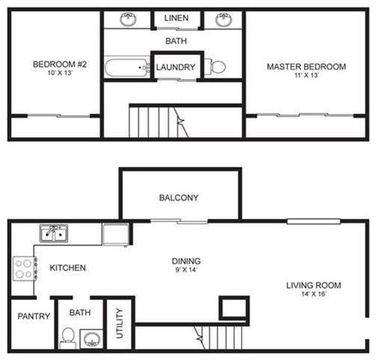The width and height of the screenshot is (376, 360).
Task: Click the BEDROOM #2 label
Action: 52,64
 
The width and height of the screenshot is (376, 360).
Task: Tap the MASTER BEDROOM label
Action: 305,67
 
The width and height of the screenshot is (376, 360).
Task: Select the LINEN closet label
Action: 176,18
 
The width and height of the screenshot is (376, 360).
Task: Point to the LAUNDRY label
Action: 175,67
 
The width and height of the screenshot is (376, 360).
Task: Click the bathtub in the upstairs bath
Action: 127,67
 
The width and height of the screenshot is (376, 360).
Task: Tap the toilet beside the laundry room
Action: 218,67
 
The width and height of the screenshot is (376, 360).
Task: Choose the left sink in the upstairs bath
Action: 128,19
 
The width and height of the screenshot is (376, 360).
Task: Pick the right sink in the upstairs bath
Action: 224,19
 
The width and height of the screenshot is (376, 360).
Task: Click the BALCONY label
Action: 178,198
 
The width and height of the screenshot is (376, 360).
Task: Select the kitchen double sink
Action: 54,232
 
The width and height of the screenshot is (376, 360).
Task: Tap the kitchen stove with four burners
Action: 23,269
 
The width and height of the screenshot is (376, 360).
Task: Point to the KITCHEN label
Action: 67,268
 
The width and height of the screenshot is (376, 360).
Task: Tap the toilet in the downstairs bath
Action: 67,337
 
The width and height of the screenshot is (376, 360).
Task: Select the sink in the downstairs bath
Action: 92,339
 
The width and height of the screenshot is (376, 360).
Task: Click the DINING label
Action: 186,261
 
